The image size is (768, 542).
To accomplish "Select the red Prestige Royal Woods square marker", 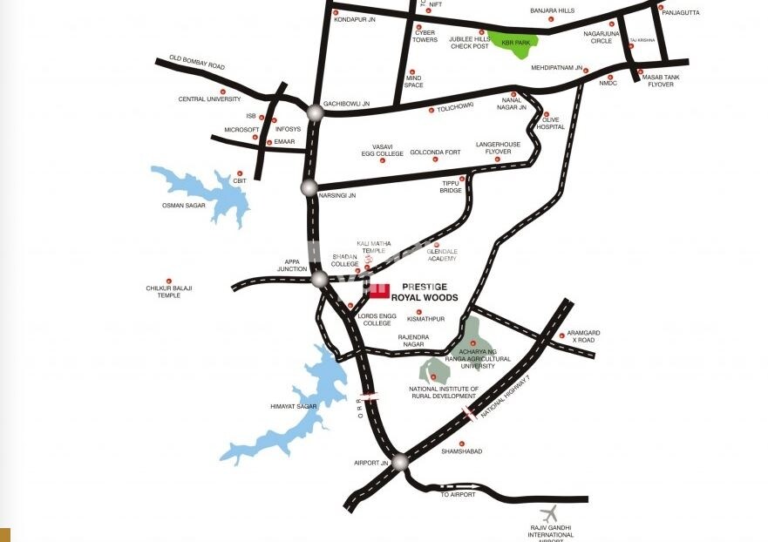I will click(379, 291).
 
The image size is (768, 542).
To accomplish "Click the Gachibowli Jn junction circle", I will click(315, 112).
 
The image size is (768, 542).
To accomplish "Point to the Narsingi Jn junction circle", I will click(309, 187).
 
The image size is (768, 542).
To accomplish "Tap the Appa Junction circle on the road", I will click(320, 279).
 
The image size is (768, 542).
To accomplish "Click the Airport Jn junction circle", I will click(399, 463).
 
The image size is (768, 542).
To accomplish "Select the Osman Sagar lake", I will click(205, 192).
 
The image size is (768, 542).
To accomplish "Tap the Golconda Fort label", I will click(435, 152).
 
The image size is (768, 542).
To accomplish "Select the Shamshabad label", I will click(461, 451).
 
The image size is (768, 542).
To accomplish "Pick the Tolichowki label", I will click(455, 105).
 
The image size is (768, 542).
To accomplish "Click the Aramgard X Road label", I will click(582, 335).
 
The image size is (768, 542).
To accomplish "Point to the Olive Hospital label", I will click(550, 123).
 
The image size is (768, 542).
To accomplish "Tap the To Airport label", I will click(457, 494).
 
